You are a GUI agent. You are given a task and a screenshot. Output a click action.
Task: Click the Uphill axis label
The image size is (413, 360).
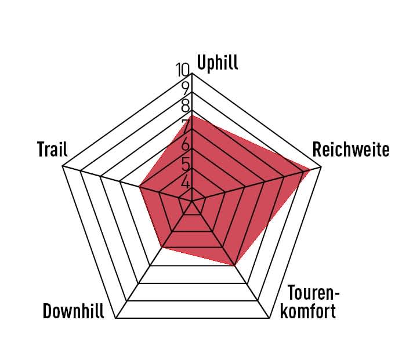pyautogui.click(x=218, y=63)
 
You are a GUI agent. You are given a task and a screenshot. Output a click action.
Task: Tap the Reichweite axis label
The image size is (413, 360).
pyautogui.click(x=350, y=150)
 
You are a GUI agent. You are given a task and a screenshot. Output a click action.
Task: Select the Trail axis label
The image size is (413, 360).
pyautogui.click(x=52, y=149)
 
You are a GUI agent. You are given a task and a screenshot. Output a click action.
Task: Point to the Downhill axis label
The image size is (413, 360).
pyautogui.click(x=73, y=311)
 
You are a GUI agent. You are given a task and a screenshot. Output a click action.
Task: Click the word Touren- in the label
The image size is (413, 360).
pyautogui.click(x=313, y=292)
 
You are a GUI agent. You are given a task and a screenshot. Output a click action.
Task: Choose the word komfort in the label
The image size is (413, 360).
pyautogui.click(x=307, y=311)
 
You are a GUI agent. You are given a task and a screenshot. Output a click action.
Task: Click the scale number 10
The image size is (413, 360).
pyautogui.click(x=183, y=70)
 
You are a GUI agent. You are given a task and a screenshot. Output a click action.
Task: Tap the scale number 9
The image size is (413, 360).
pyautogui.click(x=186, y=89)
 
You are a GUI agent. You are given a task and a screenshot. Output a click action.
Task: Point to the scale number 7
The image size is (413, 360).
pyautogui.click(x=186, y=126)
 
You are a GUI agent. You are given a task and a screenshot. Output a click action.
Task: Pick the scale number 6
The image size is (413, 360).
pyautogui.click(x=186, y=144)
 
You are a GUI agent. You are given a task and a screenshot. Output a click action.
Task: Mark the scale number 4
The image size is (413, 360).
pyautogui.click(x=186, y=182)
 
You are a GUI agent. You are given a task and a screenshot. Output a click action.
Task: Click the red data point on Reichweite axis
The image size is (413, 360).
pyautogui.click(x=310, y=170)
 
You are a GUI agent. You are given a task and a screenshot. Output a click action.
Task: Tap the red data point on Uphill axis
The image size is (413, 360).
pyautogui.click(x=192, y=115)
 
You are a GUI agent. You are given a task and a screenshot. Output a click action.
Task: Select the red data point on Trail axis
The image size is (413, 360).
pyautogui.click(x=140, y=186)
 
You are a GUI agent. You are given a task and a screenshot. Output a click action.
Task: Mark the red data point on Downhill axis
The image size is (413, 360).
pyautogui.click(x=162, y=247)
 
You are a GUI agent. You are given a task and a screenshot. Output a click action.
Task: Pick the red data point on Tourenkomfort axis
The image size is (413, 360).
pyautogui.click(x=234, y=266)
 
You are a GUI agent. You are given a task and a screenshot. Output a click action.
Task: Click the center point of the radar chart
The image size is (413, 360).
pyautogui.click(x=192, y=201)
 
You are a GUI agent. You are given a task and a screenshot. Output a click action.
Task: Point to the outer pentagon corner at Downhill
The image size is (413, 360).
pyautogui.click(x=116, y=318)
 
